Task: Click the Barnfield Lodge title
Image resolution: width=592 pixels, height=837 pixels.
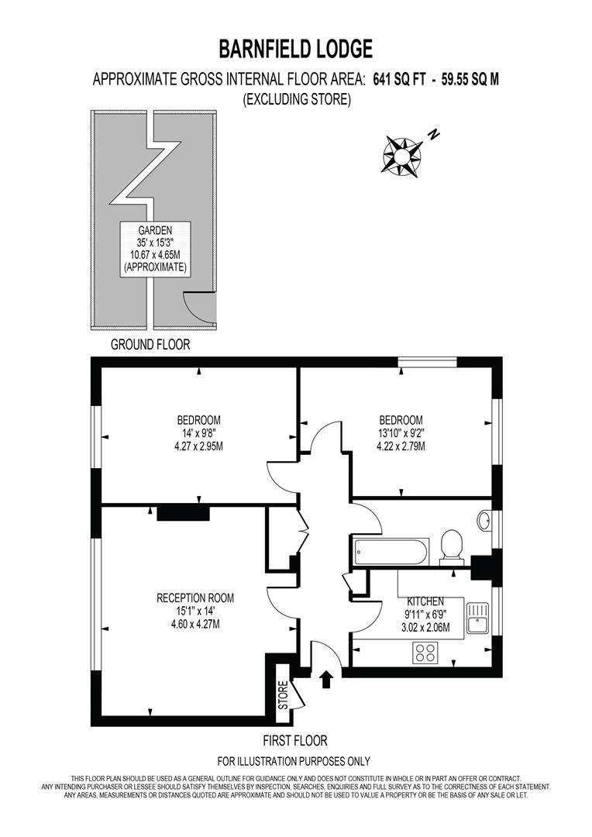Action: click(x=296, y=49)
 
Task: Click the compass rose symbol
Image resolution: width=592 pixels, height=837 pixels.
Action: click(x=402, y=156)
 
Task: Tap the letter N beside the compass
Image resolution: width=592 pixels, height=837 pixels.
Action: click(x=434, y=134)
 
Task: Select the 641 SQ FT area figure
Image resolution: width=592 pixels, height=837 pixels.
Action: click(x=399, y=80)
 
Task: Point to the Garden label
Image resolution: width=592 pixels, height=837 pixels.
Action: click(x=155, y=231)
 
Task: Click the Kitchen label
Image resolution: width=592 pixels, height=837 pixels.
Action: click(x=425, y=601)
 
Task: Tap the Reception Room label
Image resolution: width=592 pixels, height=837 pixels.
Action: click(x=195, y=598)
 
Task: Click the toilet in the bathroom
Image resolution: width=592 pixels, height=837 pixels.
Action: click(x=453, y=547)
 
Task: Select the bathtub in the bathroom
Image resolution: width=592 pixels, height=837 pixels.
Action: click(x=390, y=552)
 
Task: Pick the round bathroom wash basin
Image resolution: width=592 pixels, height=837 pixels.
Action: click(x=485, y=521)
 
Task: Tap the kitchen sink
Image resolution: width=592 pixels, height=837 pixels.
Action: click(x=477, y=618)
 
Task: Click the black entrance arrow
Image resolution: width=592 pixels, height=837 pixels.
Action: click(x=326, y=680)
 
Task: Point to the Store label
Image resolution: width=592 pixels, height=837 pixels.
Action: click(x=283, y=694)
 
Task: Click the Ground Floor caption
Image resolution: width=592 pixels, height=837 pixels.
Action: click(x=150, y=345)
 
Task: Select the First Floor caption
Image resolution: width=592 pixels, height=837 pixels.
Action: click(x=295, y=741)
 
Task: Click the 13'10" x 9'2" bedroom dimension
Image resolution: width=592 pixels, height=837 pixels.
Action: click(x=401, y=433)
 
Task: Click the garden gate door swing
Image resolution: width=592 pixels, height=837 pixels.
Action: click(x=199, y=308)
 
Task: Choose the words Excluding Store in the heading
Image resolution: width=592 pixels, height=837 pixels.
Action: click(x=297, y=99)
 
